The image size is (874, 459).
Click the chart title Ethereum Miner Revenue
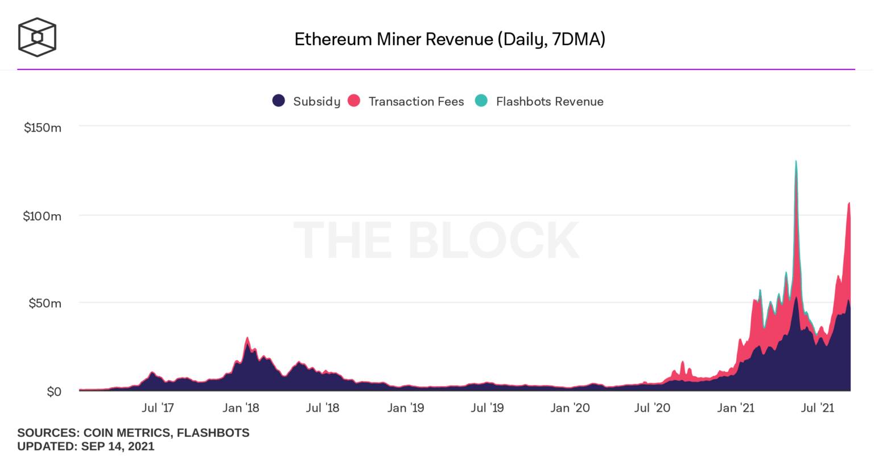pyautogui.click(x=450, y=39)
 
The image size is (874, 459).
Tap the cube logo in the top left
pyautogui.click(x=37, y=38)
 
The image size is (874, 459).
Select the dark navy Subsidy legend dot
pyautogui.click(x=278, y=101)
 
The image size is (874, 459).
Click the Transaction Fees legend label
pyautogui.click(x=416, y=101)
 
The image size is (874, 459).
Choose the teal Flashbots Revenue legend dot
pyautogui.click(x=481, y=101)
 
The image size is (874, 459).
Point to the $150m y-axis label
pyautogui.click(x=43, y=128)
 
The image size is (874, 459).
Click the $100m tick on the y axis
pyautogui.click(x=42, y=216)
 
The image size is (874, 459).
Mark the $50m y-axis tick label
pyautogui.click(x=45, y=303)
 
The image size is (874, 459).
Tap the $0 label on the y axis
pyautogui.click(x=53, y=392)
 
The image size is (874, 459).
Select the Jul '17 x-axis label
pyautogui.click(x=158, y=408)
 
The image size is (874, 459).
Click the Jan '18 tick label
pyautogui.click(x=241, y=408)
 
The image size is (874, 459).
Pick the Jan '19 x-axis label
pyautogui.click(x=406, y=408)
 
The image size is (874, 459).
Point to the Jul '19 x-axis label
pyautogui.click(x=487, y=408)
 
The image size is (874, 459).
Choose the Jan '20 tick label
pyautogui.click(x=570, y=408)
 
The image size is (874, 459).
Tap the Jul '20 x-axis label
pyautogui.click(x=652, y=408)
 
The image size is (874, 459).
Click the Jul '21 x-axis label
pyautogui.click(x=817, y=408)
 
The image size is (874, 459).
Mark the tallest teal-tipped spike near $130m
pyautogui.click(x=795, y=162)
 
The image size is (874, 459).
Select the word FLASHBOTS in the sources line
pyautogui.click(x=213, y=433)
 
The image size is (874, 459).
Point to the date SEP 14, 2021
pyautogui.click(x=118, y=446)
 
